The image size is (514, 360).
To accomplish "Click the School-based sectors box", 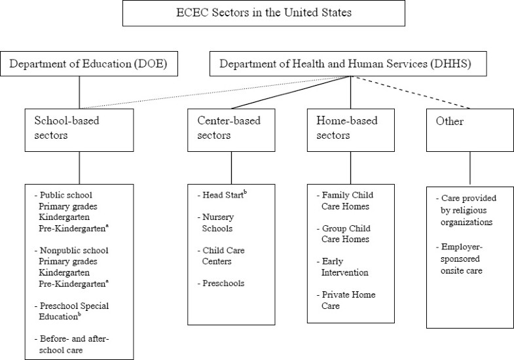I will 79,128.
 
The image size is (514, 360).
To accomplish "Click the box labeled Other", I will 469,128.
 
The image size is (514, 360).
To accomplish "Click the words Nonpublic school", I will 73,249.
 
